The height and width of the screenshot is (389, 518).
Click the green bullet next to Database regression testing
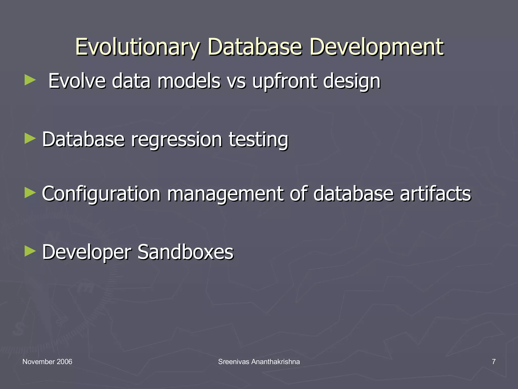point(30,139)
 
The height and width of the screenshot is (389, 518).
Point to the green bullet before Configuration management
point(30,193)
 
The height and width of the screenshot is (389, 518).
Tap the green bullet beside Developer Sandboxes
point(30,251)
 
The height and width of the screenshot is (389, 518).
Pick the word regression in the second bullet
point(177,140)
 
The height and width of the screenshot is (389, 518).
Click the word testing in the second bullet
point(258,140)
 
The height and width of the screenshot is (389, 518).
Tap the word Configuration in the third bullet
point(101,194)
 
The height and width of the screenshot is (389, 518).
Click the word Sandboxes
point(185,252)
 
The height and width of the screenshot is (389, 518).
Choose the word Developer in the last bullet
point(87,252)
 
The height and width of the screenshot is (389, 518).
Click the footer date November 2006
point(47,362)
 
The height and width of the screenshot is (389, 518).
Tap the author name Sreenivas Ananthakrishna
point(259,362)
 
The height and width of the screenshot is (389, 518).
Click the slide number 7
point(493,362)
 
